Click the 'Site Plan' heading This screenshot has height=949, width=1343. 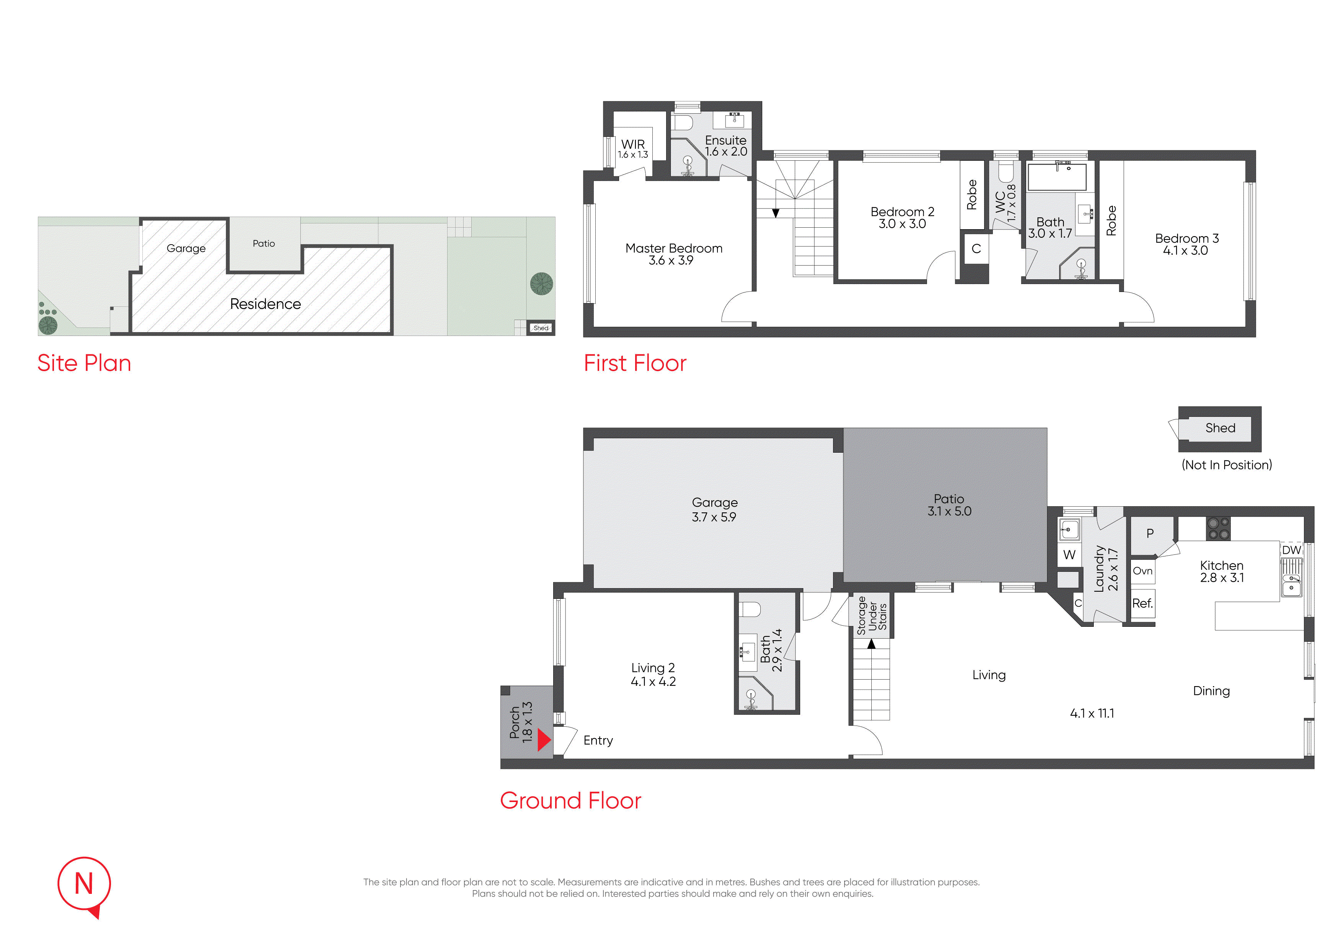click(x=84, y=363)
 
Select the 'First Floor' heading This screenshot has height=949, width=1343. click(x=635, y=363)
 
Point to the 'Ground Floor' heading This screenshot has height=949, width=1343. click(x=570, y=801)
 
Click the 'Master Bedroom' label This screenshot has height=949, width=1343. click(x=674, y=248)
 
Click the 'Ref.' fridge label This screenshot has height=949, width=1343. click(x=1142, y=603)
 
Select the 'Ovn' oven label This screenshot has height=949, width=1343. click(x=1142, y=571)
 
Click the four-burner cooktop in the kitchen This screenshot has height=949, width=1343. click(x=1219, y=528)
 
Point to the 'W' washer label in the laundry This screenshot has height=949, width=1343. click(x=1069, y=555)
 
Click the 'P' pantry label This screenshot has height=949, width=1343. click(x=1150, y=533)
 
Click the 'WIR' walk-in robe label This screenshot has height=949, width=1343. click(x=633, y=144)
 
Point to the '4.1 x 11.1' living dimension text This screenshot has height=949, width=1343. click(x=1092, y=713)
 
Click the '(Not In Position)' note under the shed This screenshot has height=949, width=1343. click(x=1227, y=465)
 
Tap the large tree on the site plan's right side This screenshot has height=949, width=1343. click(x=542, y=284)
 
